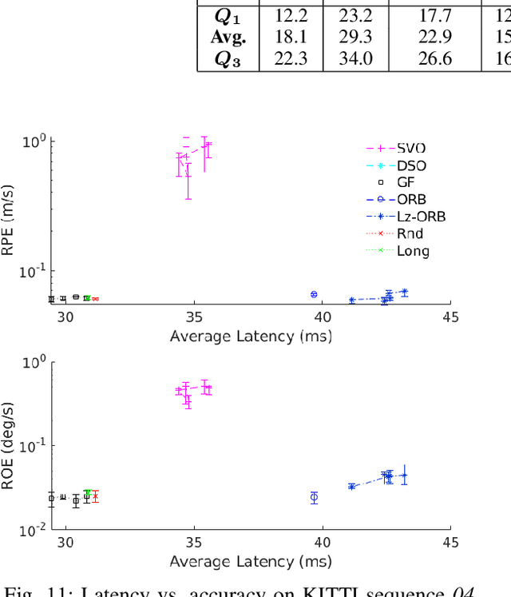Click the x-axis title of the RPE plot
pyautogui.click(x=251, y=336)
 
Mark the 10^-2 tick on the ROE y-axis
pyautogui.click(x=33, y=527)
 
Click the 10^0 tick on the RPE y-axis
pyautogui.click(x=35, y=141)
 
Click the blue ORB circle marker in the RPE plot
pyautogui.click(x=314, y=294)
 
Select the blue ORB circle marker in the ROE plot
pyautogui.click(x=314, y=497)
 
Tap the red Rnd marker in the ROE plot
pyautogui.click(x=95, y=496)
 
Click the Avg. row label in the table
pyautogui.click(x=228, y=38)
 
